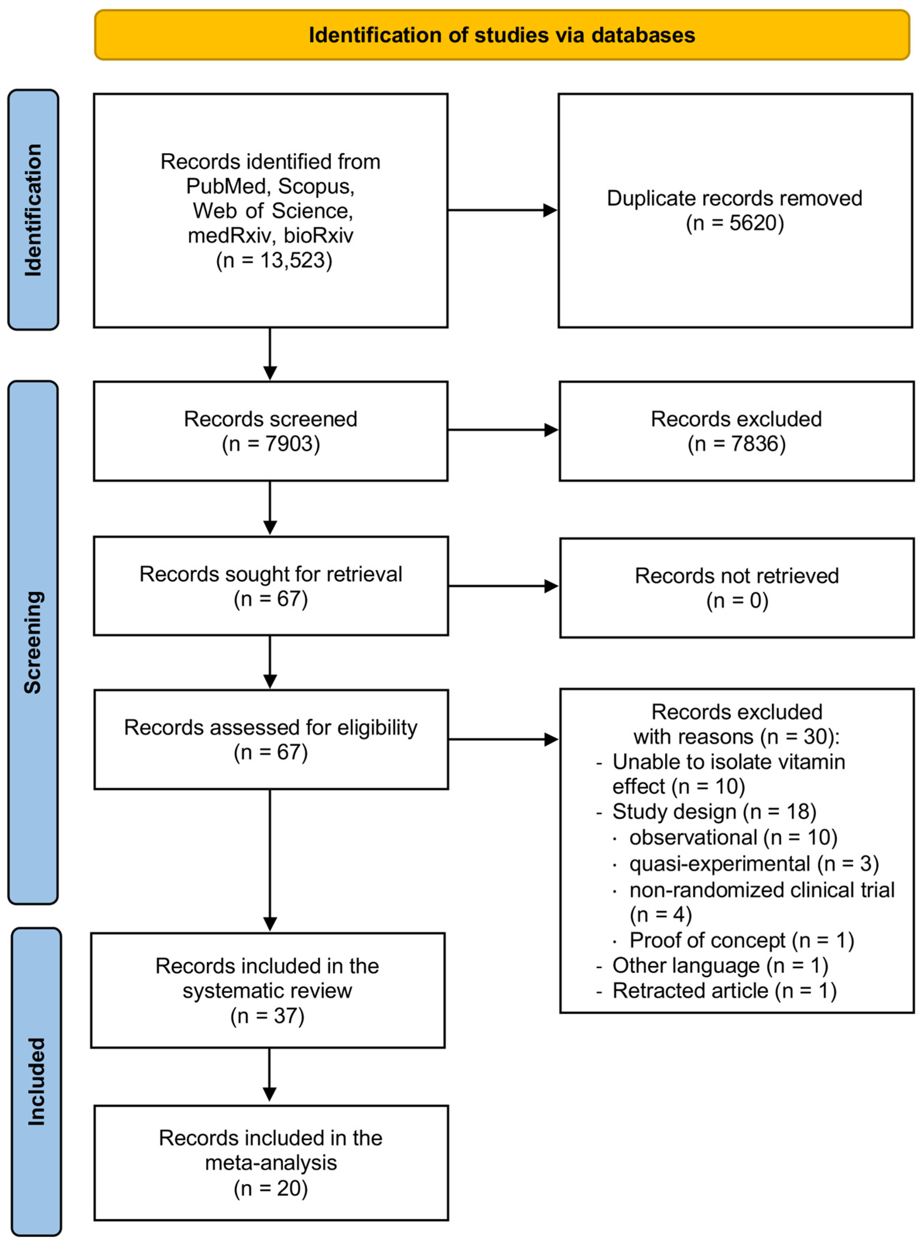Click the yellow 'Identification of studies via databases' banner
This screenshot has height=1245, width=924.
click(x=502, y=35)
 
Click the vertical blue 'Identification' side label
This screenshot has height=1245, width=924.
click(x=33, y=210)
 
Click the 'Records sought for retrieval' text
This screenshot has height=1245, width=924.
click(x=271, y=574)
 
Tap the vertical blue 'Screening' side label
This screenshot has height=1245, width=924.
click(x=33, y=642)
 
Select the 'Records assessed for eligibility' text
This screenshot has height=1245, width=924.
click(x=271, y=728)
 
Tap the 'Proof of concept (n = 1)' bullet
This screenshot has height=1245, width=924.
click(x=741, y=941)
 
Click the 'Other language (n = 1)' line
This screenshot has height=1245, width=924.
click(x=720, y=966)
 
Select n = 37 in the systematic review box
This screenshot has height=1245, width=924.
click(x=267, y=1016)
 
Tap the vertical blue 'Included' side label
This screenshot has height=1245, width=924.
click(x=36, y=1082)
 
